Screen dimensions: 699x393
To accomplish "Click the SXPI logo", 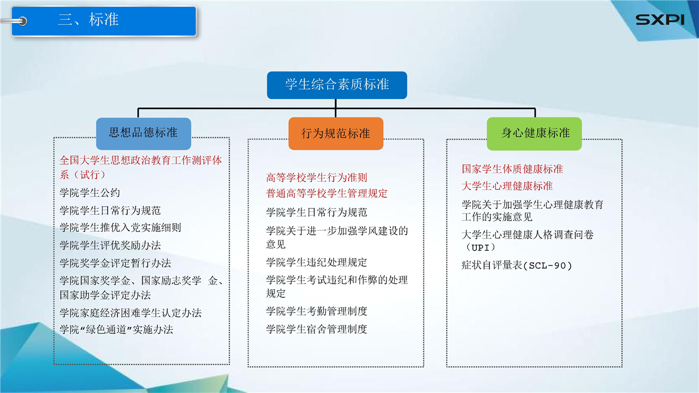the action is click(660, 20).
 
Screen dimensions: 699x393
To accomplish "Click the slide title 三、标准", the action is click(88, 19).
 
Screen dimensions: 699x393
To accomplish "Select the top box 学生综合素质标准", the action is click(337, 85).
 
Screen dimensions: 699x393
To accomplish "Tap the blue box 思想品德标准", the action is click(143, 134).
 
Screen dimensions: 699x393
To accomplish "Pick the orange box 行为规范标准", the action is click(336, 134).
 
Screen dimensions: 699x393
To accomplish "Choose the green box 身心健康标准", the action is click(534, 134).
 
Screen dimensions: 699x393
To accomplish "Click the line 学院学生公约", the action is click(90, 193).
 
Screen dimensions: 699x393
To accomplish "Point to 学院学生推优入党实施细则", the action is click(120, 228).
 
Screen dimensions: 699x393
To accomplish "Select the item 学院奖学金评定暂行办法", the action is click(115, 263).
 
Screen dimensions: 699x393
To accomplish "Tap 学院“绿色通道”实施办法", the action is click(116, 330).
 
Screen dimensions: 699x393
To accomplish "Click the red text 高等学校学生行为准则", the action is click(316, 178).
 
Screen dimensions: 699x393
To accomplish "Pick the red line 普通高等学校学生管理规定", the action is click(327, 193).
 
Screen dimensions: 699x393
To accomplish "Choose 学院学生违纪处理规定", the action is click(316, 263).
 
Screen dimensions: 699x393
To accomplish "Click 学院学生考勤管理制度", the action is click(316, 311).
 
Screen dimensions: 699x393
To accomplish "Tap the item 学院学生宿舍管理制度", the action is click(316, 329).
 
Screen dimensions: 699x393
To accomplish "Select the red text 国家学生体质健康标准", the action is click(512, 169).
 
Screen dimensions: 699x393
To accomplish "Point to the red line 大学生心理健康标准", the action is click(507, 186).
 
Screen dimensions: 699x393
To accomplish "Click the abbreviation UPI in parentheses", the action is click(480, 248).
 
